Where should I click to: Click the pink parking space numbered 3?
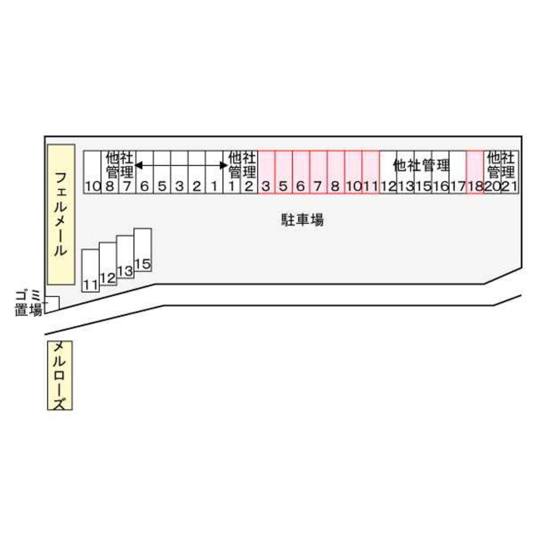(x=266, y=172)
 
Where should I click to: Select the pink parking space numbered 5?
(x=284, y=172)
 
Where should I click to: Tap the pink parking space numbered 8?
(x=335, y=172)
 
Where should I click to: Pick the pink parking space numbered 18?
(x=475, y=172)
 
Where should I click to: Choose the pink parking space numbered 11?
(x=371, y=172)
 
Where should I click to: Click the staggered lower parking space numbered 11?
(x=90, y=270)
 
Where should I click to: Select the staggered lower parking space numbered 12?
(x=108, y=264)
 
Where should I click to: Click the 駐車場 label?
(x=302, y=220)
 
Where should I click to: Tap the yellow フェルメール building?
(x=61, y=214)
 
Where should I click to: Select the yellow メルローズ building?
(x=60, y=376)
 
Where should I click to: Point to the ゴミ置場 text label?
(x=28, y=302)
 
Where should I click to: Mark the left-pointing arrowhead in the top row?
(x=138, y=166)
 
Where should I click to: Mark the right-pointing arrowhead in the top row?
(x=224, y=166)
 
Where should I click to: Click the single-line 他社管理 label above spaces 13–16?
(x=421, y=165)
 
